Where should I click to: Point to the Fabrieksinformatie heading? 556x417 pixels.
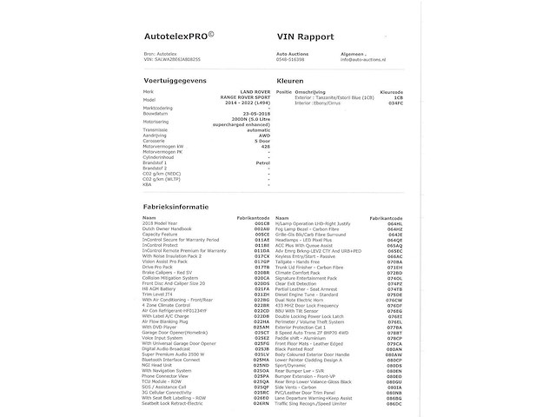(175, 207)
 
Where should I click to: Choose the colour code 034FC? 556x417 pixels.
(396, 103)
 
